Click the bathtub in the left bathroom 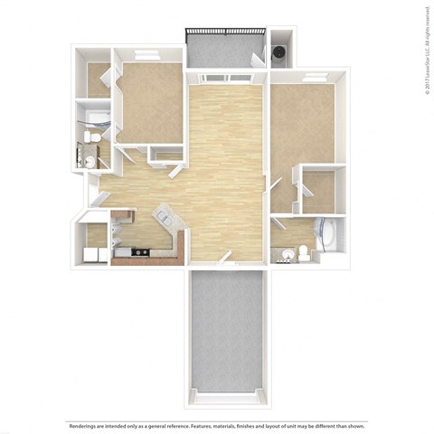click(x=93, y=118)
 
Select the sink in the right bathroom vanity click(x=285, y=253)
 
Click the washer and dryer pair click(x=93, y=254)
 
